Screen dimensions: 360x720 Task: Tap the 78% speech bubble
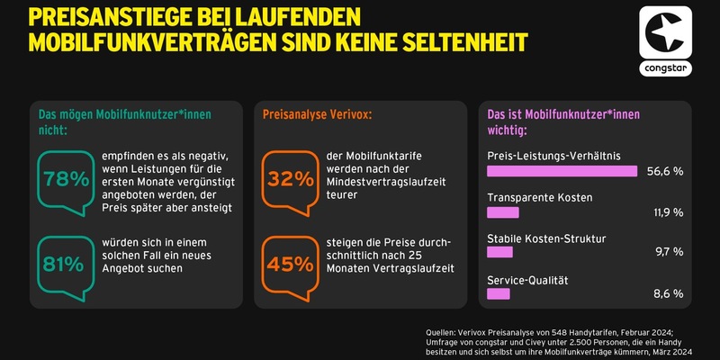tap(64, 178)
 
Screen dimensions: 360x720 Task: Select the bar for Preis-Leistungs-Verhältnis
tap(562, 170)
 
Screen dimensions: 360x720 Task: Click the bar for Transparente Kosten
tap(502, 212)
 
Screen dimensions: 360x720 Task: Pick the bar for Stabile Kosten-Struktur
tap(499, 255)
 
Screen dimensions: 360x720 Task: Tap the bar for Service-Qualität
tap(498, 294)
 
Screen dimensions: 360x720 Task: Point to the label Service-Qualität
tap(528, 280)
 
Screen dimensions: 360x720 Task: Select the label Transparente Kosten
tap(539, 197)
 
